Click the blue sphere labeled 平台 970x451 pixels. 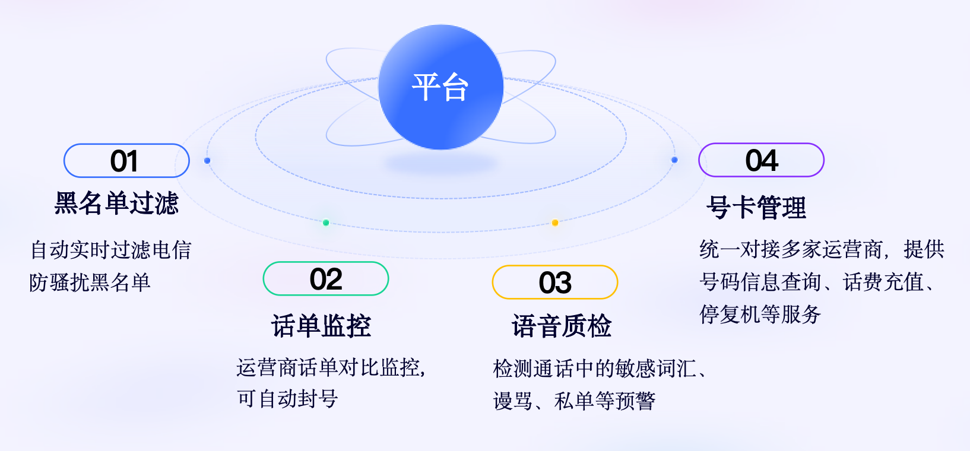point(440,87)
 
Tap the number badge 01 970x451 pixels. point(126,161)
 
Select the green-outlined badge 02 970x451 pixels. point(325,279)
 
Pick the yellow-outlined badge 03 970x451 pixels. point(554,282)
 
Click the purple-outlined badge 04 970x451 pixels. point(761,160)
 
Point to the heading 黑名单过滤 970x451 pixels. point(116,204)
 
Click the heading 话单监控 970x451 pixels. point(321,326)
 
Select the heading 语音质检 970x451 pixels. point(562,326)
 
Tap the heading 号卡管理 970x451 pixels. point(756,208)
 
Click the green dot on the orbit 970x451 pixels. point(325,223)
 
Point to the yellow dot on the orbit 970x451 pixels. point(554,223)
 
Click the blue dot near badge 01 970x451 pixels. point(207,160)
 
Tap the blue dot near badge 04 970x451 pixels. point(674,160)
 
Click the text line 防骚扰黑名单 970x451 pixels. point(90,282)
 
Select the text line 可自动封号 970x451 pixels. point(287,399)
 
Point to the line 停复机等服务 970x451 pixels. point(760,315)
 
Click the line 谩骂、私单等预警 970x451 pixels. point(574,401)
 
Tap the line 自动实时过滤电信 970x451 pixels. point(111,250)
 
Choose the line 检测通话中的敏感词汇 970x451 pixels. point(595,369)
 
